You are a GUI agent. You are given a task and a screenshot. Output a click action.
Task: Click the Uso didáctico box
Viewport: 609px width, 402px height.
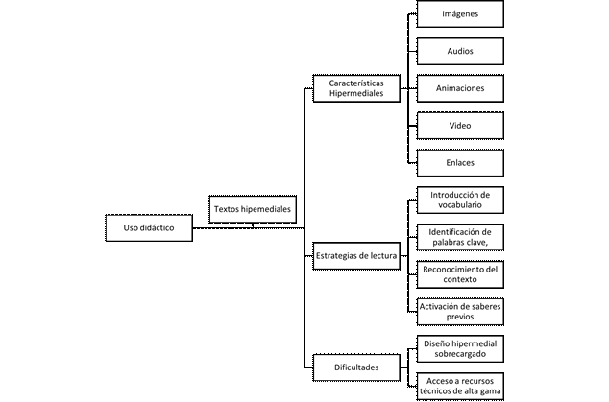coord(149,227)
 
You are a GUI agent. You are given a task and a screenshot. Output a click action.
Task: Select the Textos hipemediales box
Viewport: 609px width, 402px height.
coord(253,209)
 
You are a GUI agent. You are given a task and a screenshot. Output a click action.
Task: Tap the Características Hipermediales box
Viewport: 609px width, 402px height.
coord(356,88)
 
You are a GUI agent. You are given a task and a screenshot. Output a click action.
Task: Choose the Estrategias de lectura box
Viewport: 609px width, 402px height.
coord(356,256)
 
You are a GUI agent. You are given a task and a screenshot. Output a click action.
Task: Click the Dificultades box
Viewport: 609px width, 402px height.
coord(356,367)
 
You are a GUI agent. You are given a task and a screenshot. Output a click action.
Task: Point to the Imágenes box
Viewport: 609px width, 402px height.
coord(460,14)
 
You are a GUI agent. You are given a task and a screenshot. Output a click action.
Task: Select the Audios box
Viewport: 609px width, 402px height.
coord(460,51)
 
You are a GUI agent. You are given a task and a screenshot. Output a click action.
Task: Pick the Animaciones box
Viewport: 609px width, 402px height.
coord(460,88)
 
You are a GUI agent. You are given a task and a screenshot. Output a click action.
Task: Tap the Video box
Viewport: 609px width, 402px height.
coord(460,126)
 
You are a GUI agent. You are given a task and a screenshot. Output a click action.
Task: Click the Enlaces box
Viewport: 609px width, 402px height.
coord(460,163)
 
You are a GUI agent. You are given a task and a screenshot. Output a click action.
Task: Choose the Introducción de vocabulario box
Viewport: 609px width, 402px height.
coord(460,201)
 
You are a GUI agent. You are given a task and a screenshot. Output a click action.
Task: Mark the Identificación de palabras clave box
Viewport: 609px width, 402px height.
coord(460,238)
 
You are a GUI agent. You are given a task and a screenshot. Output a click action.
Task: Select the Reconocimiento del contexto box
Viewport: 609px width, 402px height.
coord(460,274)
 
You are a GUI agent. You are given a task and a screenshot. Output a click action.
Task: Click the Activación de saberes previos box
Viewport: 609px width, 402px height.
coord(460,312)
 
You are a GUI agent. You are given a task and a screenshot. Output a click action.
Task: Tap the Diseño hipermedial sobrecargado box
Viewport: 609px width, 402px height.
coord(460,349)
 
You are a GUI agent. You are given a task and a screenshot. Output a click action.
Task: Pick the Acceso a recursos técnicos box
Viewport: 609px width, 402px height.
coord(460,386)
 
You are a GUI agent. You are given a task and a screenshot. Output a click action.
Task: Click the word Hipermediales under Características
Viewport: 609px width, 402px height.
coord(356,93)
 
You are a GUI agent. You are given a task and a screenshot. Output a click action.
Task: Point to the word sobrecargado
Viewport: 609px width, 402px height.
coord(460,354)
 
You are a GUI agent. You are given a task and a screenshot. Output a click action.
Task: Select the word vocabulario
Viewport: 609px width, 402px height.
coord(460,205)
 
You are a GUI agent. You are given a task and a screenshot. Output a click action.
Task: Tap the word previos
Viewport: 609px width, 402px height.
coord(460,317)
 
